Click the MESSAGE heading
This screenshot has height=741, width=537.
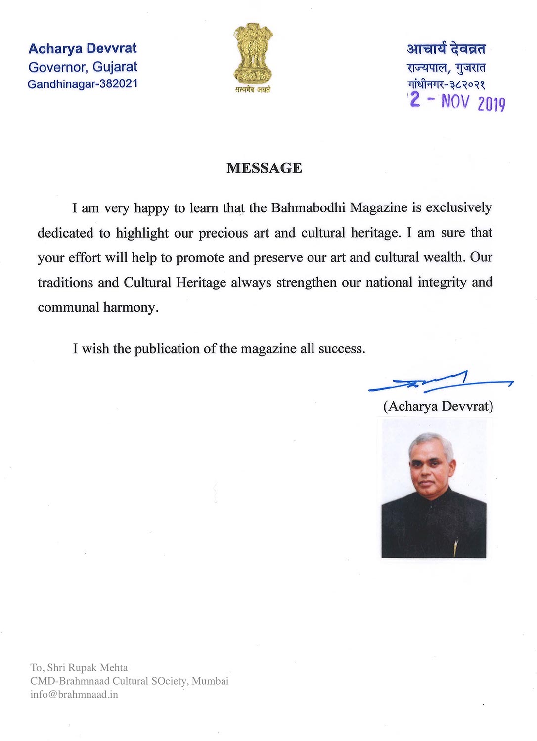point(264,168)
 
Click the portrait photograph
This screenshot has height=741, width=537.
point(434,489)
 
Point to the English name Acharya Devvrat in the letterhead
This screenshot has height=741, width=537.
point(83,48)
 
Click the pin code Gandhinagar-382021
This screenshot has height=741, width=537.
point(83,84)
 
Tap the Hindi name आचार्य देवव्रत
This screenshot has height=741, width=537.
point(446,48)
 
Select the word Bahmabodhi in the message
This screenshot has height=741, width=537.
point(308,207)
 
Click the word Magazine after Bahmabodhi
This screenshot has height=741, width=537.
point(379,207)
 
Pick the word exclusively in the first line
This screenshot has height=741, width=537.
point(458,207)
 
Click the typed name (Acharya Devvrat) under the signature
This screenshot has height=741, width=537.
point(438,406)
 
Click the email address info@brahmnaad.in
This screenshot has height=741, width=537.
point(74,694)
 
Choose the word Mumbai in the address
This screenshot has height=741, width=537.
point(210,681)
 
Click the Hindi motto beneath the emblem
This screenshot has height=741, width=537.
point(253,90)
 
